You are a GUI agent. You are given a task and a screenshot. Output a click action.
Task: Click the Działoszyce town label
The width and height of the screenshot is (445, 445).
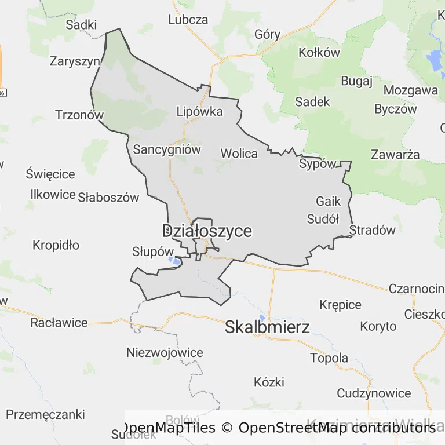coord(207,231)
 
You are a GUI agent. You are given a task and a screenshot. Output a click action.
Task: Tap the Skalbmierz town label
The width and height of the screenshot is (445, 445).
coord(267,327)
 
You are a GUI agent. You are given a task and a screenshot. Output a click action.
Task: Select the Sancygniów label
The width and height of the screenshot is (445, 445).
coord(167,149)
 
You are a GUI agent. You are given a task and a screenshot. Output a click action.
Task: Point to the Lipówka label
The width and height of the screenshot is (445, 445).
coord(199,112)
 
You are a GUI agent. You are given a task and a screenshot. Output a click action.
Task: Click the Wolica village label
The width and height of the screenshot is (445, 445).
coord(239,154)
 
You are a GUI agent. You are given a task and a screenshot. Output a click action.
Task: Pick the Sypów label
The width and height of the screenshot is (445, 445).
coord(318,164)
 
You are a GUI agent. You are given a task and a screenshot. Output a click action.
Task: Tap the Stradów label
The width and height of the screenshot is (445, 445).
coord(373,229)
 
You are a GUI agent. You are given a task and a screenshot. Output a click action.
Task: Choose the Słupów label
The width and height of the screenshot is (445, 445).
coord(153,251)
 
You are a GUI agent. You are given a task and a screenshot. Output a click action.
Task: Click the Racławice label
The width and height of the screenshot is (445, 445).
coord(59,323)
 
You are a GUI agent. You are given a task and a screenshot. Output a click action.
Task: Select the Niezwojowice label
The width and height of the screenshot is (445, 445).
coord(165,352)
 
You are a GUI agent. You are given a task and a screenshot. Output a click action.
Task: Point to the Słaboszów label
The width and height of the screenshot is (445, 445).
coord(109,198)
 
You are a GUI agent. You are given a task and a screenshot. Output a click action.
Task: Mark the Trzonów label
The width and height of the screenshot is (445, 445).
coord(79,115)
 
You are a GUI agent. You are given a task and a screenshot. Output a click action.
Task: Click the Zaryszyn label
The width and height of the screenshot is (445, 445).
coord(75,61)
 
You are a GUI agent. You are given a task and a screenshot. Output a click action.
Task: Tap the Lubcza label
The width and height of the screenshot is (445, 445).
coord(188,20)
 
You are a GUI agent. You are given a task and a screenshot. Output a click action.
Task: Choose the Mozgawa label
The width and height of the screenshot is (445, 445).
coord(410,90)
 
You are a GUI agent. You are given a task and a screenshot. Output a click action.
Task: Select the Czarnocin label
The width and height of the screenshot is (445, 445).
coord(416,289)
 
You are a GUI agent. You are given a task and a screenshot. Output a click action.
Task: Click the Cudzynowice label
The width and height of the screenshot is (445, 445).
coord(374,393)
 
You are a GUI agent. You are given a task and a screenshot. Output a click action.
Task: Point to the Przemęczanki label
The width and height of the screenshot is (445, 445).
coord(45,415)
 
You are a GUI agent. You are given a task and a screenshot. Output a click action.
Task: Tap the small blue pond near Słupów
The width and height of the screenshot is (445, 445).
coord(174,260)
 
